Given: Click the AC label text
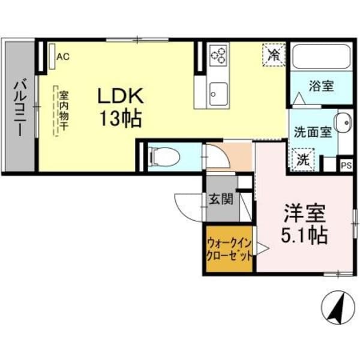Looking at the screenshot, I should coord(63,57).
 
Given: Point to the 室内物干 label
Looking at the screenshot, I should coord(62,111).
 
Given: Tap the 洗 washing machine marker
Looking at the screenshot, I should coord(304,159).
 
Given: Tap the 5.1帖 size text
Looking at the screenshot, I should coord(304,235).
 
